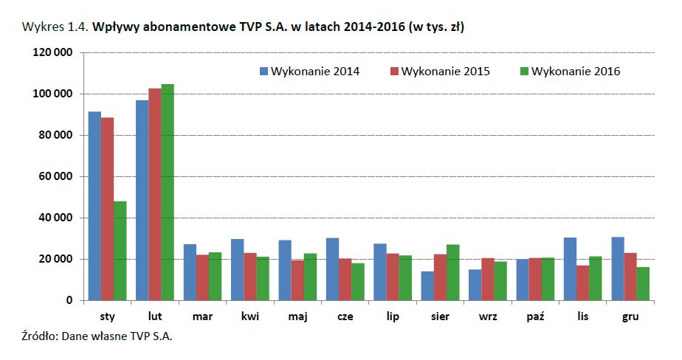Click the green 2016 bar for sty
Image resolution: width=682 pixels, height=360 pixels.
click(x=120, y=251)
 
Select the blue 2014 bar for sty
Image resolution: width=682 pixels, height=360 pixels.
click(x=94, y=207)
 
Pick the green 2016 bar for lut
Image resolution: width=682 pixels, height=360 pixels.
click(x=168, y=193)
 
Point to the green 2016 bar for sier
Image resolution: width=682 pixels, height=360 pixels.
click(x=453, y=273)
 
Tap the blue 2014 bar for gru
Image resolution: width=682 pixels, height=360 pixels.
click(x=618, y=269)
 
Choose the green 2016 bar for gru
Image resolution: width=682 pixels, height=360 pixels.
click(x=644, y=284)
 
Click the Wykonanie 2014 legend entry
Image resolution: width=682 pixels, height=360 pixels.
click(x=309, y=72)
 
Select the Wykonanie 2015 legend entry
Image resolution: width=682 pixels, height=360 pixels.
click(x=439, y=72)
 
